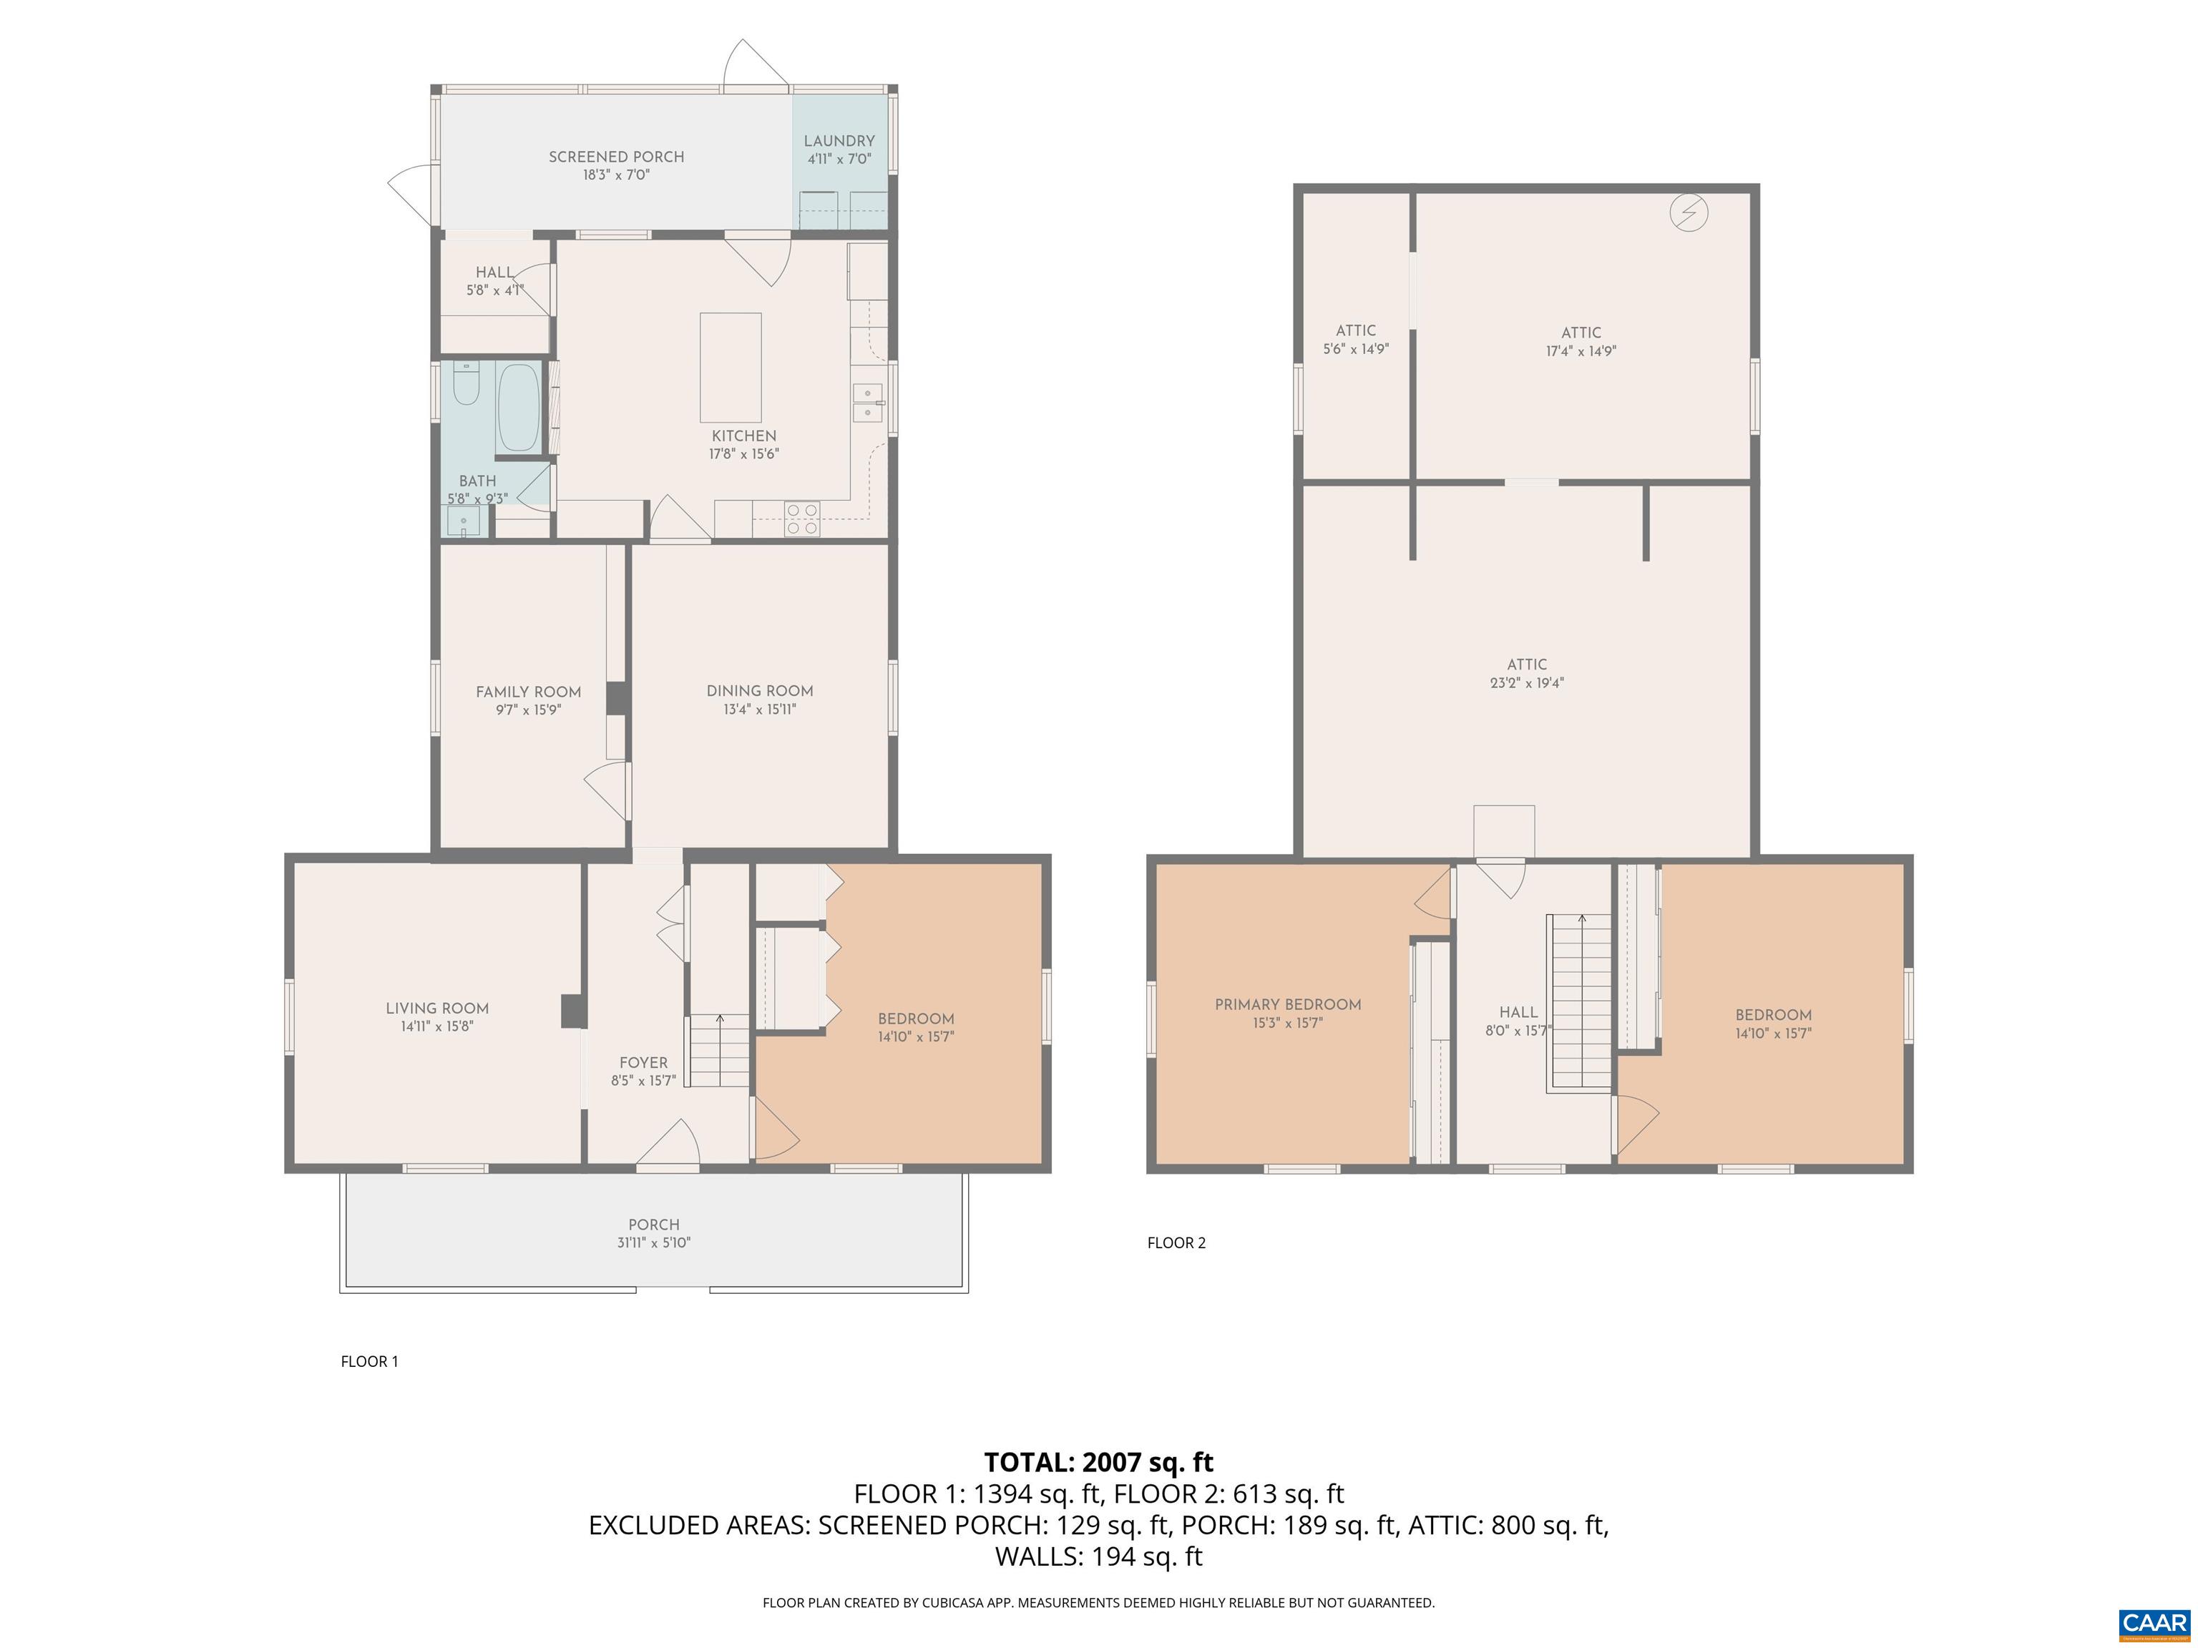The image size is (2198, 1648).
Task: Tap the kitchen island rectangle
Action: pos(731,368)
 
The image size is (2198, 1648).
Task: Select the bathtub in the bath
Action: pos(519,407)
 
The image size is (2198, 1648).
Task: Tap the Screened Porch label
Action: pos(616,157)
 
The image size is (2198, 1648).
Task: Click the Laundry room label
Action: pos(840,141)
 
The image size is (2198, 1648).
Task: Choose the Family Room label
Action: pos(529,692)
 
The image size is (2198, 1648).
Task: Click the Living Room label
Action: pos(437,1009)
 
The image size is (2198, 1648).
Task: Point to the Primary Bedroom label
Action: pos(1288,1004)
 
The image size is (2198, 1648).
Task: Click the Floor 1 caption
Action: pos(370,1361)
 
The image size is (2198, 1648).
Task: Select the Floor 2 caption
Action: pos(1176,1242)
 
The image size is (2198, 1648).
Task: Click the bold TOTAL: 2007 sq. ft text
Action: pos(1099,1462)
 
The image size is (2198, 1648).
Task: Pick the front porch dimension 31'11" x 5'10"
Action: pos(654,1242)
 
